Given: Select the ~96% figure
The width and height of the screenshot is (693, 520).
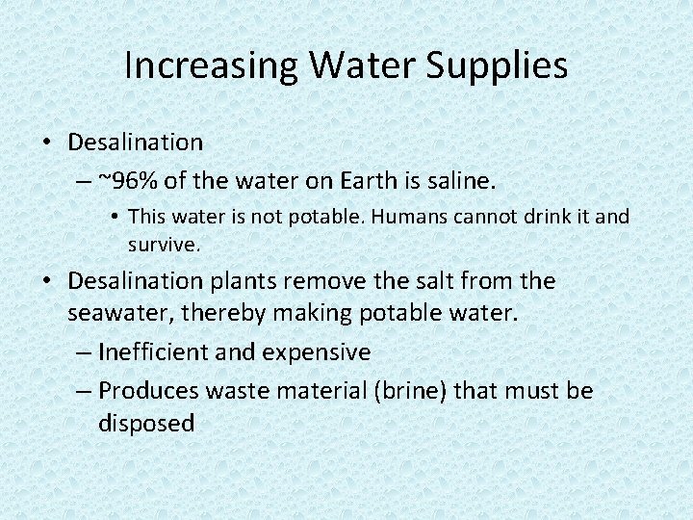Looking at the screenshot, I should [127, 180].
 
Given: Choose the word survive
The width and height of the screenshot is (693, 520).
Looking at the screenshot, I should [164, 244].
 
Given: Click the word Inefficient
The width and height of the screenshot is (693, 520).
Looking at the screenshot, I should [154, 352].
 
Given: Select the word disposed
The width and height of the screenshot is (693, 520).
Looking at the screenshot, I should [146, 423].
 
